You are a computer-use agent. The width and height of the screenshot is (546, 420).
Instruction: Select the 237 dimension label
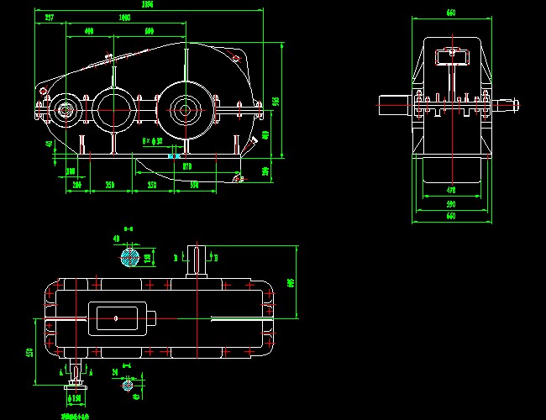50,17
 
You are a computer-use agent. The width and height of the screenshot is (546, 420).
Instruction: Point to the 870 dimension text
187,167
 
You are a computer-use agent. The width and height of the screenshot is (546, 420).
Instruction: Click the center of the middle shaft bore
113,108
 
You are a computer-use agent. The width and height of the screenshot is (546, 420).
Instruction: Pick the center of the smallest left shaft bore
66,110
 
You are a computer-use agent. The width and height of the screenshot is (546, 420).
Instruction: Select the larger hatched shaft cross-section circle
129,257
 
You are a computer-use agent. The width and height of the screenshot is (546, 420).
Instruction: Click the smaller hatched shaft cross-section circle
128,385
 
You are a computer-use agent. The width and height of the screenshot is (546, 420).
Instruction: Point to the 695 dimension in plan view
291,283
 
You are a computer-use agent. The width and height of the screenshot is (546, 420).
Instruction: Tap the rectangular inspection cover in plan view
118,317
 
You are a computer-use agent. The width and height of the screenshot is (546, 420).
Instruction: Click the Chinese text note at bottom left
76,415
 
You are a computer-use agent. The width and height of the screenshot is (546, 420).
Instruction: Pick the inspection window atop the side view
450,56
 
